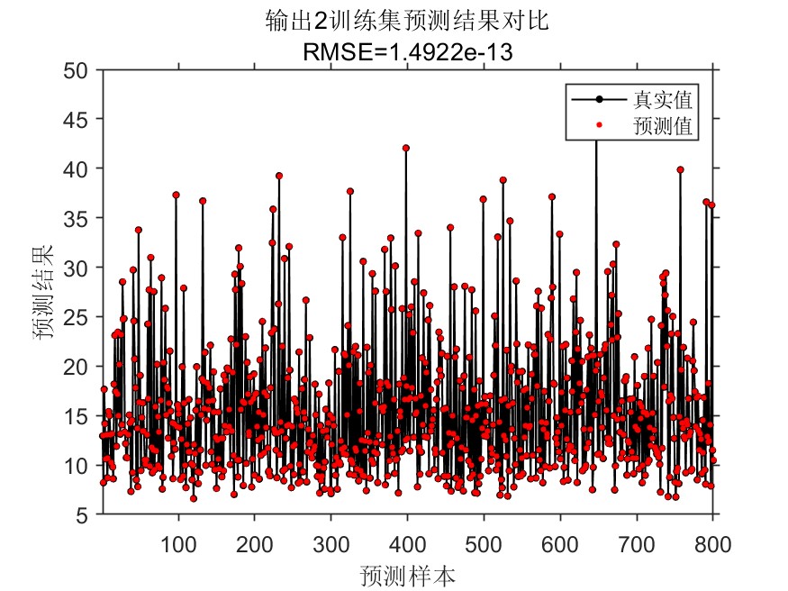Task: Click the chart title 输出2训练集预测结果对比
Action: pyautogui.click(x=407, y=22)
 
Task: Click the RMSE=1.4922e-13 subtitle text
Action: pyautogui.click(x=407, y=52)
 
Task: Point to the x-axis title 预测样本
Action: pyautogui.click(x=406, y=574)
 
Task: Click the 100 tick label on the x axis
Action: pyautogui.click(x=178, y=543)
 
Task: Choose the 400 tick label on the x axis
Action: pyautogui.click(x=407, y=543)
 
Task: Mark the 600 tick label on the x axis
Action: pyautogui.click(x=560, y=543)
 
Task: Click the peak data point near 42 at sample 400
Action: pyautogui.click(x=406, y=148)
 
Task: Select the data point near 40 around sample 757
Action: pyautogui.click(x=680, y=169)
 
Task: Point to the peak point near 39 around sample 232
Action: pyautogui.click(x=279, y=176)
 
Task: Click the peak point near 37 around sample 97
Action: pyautogui.click(x=176, y=195)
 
